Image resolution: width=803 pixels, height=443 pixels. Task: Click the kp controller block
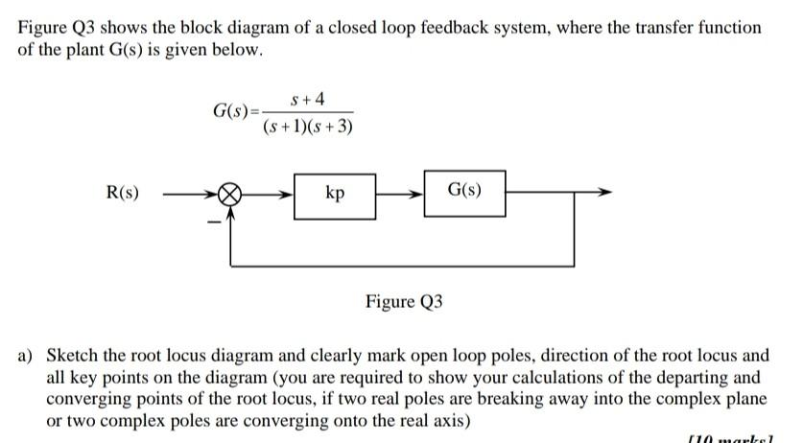point(335,195)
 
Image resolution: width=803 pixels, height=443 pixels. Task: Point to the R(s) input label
point(121,193)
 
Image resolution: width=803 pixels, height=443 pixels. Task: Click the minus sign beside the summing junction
point(216,222)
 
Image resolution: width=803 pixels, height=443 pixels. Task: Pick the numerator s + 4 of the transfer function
point(307,99)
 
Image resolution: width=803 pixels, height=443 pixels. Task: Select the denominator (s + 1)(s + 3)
point(307,126)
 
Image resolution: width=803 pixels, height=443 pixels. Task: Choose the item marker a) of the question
point(27,355)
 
